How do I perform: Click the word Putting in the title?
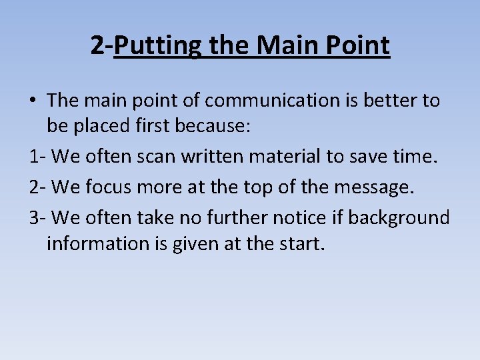[x=149, y=46]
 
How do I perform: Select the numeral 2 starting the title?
[x=97, y=46]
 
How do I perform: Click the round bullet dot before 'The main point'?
[x=33, y=101]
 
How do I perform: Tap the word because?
[x=215, y=129]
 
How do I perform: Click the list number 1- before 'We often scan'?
[x=37, y=158]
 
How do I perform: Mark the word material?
[x=281, y=158]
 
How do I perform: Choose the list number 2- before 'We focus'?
[x=37, y=187]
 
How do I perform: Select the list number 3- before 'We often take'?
[x=37, y=217]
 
